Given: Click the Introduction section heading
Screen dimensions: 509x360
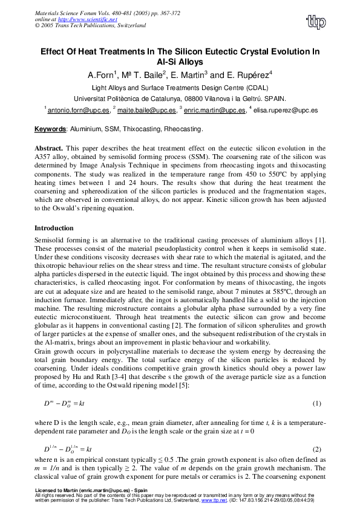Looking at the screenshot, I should [x=54, y=229].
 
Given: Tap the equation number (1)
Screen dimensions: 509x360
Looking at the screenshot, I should [x=316, y=403].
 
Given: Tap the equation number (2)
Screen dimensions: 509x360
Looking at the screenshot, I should [x=316, y=450].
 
